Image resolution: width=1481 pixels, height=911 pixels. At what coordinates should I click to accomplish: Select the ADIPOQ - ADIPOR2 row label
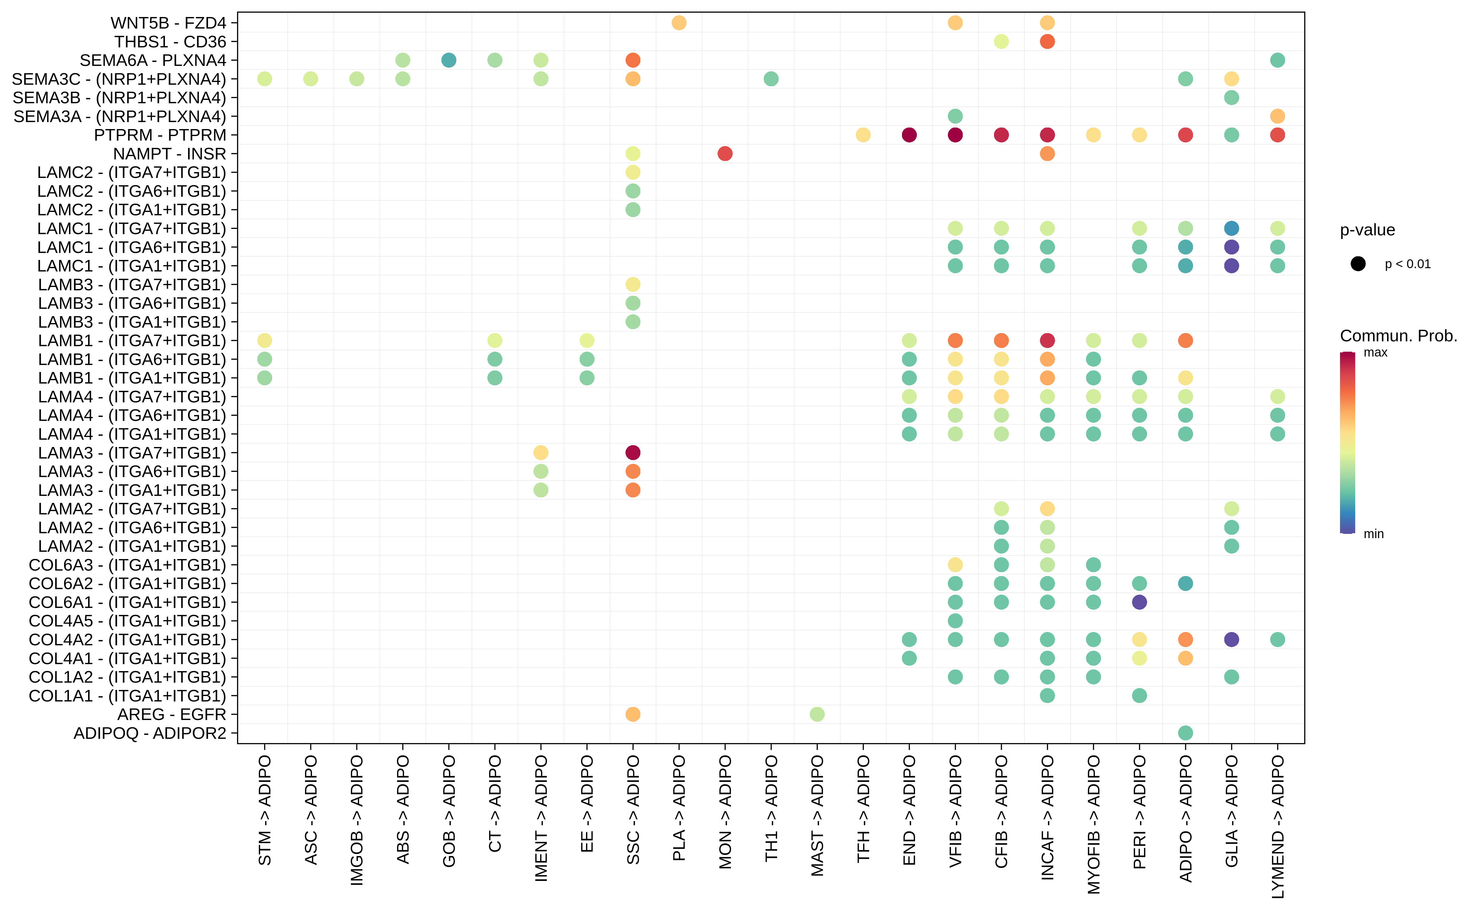(x=149, y=733)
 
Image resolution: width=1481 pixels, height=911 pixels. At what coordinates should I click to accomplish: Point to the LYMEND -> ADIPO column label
(x=1277, y=827)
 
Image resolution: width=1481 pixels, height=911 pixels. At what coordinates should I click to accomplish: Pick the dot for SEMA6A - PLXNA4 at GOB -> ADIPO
(x=448, y=60)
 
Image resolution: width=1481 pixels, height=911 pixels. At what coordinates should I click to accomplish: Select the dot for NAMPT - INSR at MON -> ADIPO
(x=725, y=154)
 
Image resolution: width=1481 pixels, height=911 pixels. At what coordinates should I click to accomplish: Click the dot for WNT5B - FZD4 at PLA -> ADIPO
(x=679, y=23)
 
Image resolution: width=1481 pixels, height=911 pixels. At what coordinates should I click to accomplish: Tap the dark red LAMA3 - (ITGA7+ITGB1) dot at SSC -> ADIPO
(x=632, y=452)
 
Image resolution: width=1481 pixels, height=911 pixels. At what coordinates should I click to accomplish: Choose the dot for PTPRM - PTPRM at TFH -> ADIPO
(x=862, y=135)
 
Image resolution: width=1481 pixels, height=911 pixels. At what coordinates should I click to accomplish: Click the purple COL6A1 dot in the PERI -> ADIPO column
(x=1139, y=602)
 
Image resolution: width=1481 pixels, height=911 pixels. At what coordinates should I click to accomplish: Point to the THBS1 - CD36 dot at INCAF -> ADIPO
(x=1047, y=42)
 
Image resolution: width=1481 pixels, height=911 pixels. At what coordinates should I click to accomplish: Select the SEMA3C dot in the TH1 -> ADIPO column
(x=770, y=79)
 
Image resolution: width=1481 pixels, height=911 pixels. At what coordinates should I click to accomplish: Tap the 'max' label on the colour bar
(x=1376, y=353)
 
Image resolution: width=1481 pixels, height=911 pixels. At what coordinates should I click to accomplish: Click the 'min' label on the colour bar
(x=1374, y=534)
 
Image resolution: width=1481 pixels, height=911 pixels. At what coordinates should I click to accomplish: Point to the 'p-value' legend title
(x=1367, y=230)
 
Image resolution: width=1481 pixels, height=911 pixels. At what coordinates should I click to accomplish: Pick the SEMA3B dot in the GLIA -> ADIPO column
(x=1231, y=97)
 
